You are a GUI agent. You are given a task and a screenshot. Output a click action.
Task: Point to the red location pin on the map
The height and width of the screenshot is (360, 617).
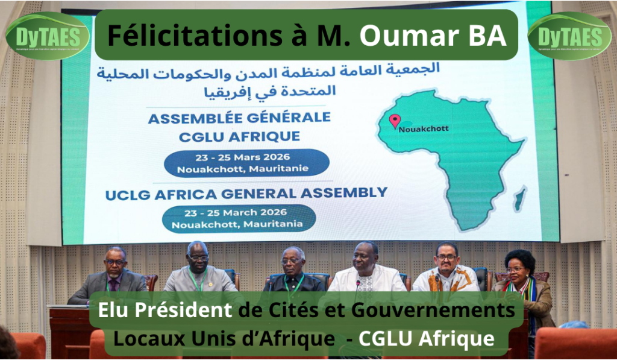coord(395,121)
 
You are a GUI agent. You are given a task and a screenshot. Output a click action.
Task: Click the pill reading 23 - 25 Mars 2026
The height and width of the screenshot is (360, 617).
coord(247,163)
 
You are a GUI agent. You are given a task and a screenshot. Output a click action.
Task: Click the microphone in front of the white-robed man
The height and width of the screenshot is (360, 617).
coord(357,282)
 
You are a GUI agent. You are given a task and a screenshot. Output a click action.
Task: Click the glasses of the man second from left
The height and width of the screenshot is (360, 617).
coord(198,258)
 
